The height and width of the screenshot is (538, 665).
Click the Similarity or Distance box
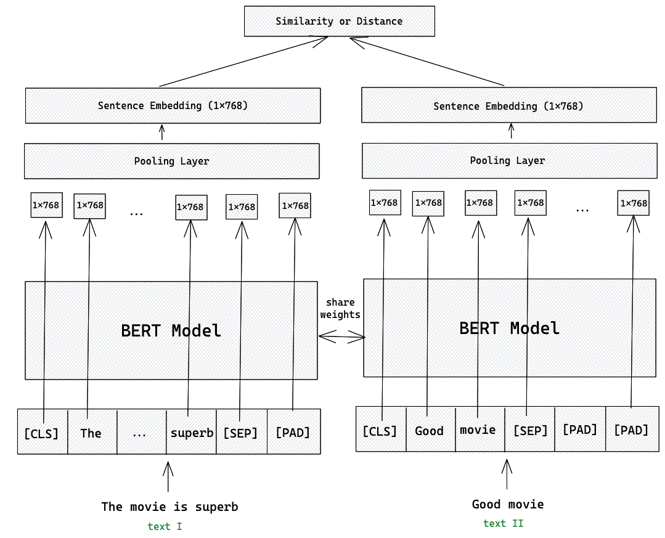point(340,21)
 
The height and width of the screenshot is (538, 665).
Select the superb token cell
point(192,432)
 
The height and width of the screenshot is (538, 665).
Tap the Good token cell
point(430,430)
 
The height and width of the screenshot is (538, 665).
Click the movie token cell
point(478,430)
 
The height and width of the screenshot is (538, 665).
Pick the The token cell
point(91,433)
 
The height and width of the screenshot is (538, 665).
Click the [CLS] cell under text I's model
point(41,433)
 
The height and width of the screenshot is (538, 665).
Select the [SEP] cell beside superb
point(241,433)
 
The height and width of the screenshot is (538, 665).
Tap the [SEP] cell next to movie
point(530,430)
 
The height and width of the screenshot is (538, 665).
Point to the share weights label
point(340,308)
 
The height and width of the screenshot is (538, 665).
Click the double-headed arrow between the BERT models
point(341,336)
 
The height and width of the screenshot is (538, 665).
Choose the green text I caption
point(165,526)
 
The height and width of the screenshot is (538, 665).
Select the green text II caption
point(504,523)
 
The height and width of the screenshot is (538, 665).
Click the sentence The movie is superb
point(169,507)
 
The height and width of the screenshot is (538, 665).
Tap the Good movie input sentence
point(508,504)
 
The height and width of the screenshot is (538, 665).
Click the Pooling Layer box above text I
point(172,161)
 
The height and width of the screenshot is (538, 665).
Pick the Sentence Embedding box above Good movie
point(508,105)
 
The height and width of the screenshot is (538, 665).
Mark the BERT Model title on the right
point(510,328)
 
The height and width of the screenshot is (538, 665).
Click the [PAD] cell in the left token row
point(293,432)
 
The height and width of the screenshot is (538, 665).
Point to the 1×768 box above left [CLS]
point(47,205)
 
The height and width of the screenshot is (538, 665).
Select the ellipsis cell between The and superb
point(140,433)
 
